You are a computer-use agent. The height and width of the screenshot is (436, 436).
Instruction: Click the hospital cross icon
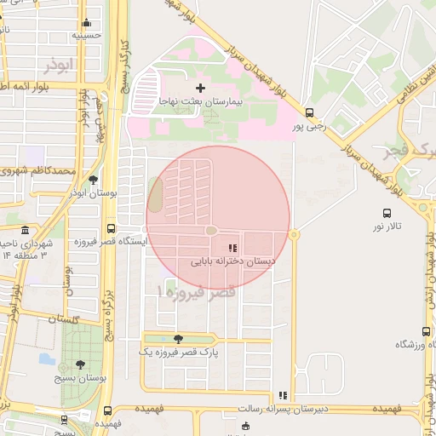201,88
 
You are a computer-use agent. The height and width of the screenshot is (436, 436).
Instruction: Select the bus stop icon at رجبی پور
308,112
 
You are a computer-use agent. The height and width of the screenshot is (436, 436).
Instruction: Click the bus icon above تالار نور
387,214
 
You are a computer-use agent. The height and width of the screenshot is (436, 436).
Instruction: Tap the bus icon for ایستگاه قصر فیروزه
112,228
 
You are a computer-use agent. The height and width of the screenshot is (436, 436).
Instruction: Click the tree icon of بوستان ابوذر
93,180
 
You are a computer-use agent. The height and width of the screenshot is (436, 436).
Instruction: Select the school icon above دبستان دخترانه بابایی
232,249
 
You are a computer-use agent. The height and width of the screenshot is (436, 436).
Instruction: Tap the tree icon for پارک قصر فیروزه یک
177,339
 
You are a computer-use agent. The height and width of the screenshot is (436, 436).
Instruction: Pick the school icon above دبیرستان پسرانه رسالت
282,395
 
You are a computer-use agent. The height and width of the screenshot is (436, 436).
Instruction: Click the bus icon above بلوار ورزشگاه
426,332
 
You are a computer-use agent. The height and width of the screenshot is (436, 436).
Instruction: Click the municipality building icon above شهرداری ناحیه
25,231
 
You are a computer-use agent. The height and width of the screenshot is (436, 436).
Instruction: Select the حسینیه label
86,37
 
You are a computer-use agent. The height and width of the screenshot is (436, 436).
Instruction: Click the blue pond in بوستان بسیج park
46,359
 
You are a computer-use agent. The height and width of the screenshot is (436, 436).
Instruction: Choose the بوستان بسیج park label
79,377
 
